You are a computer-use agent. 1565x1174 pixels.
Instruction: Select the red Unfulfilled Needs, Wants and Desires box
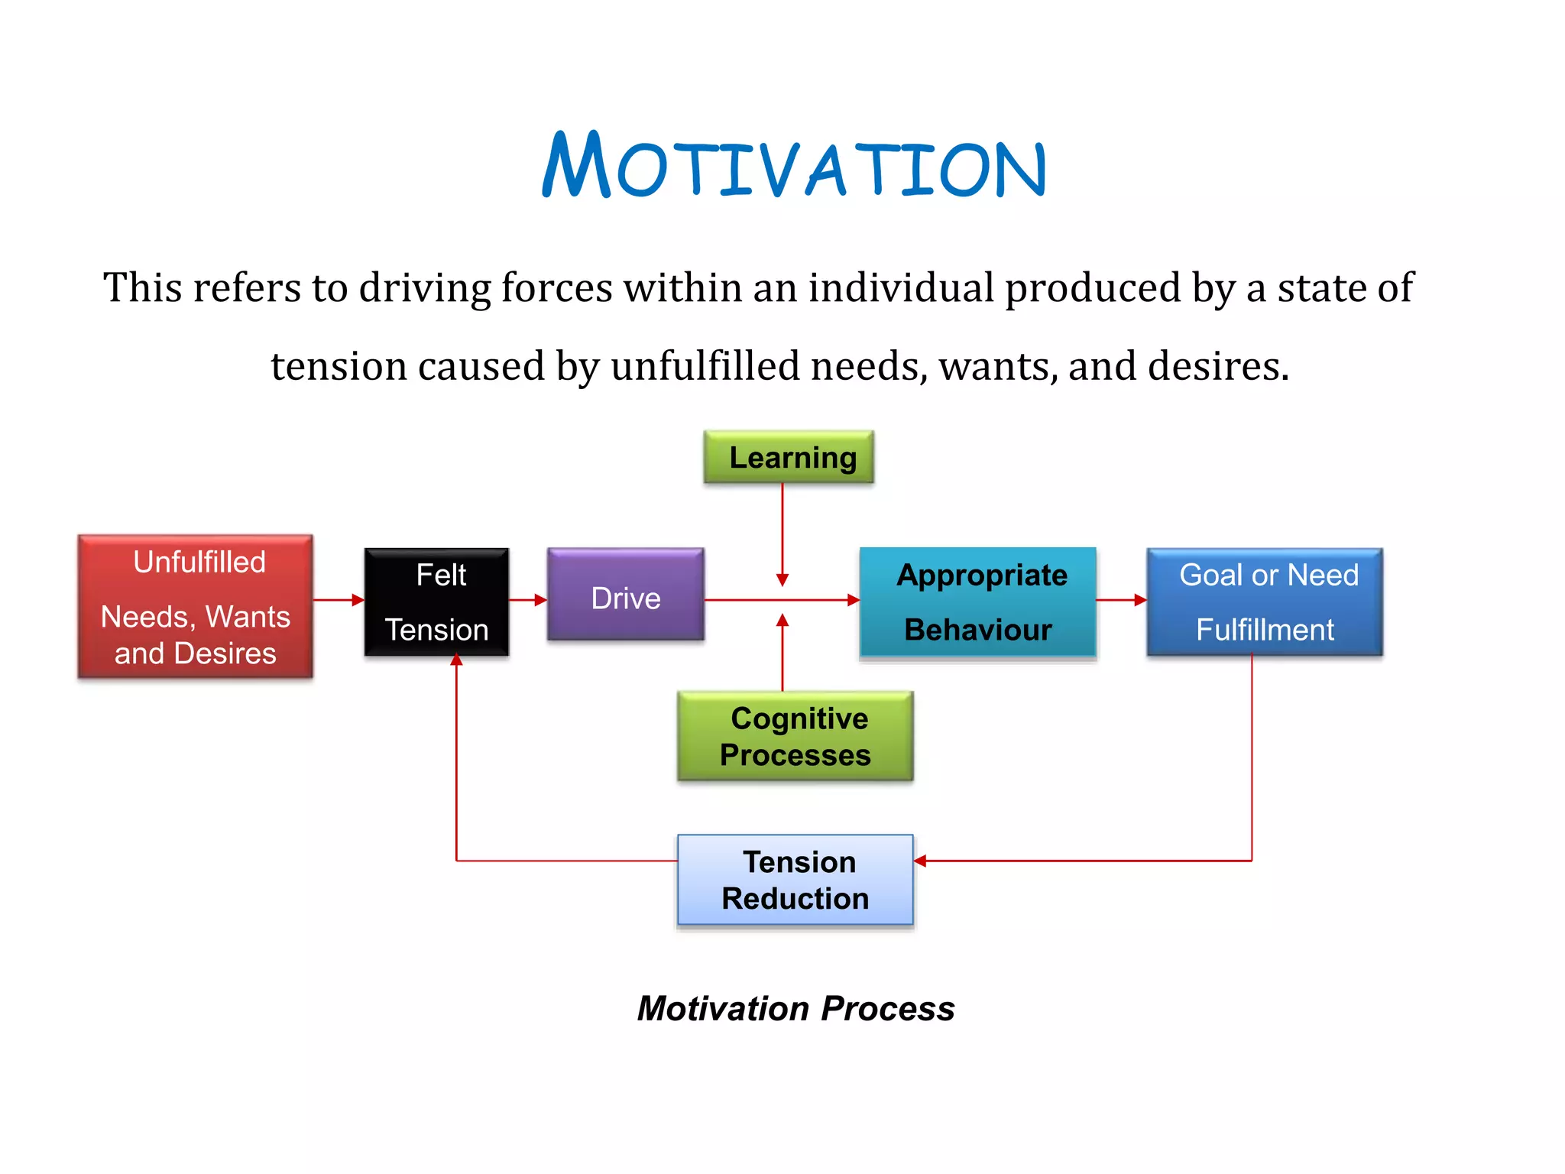pos(196,606)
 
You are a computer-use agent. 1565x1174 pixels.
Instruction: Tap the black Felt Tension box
pos(436,602)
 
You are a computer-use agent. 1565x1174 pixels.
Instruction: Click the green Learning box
pos(789,457)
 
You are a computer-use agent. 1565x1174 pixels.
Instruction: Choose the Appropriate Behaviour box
pos(978,602)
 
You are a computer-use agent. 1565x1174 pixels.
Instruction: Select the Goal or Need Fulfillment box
pos(1265,602)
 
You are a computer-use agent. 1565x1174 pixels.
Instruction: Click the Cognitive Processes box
pos(795,736)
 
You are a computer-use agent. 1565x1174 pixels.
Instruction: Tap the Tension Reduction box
pos(795,880)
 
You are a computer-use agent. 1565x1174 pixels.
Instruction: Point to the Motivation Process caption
pos(795,1008)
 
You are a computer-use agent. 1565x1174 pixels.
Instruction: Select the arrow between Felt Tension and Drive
pos(528,600)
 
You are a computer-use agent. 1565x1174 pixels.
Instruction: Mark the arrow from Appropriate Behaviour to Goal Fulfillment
pos(1121,600)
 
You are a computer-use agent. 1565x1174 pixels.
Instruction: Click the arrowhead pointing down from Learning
pos(782,580)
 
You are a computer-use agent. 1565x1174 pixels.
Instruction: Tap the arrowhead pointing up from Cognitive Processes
pos(782,621)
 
